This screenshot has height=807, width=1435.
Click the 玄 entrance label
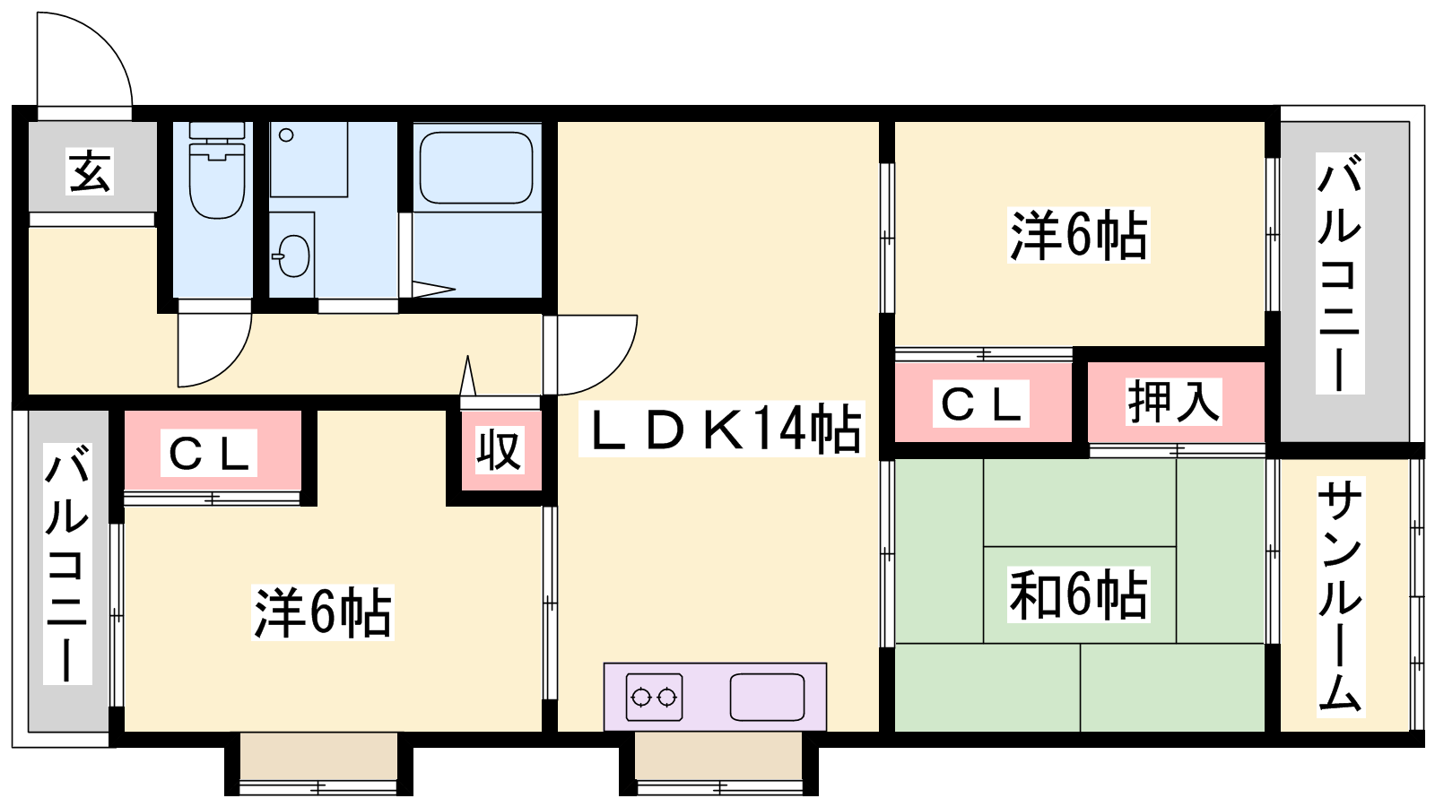point(90,171)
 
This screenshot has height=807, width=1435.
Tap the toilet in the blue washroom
point(217,170)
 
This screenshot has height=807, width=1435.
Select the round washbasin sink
point(293,256)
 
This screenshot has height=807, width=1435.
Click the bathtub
point(476,168)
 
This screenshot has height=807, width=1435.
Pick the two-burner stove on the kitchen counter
point(654,697)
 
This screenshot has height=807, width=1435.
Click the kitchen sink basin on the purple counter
point(767,697)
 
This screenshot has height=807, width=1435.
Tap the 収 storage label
point(500,449)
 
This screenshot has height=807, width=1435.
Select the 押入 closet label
point(1174,402)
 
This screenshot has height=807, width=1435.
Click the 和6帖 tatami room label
point(1079,594)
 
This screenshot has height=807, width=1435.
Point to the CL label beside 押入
point(981,403)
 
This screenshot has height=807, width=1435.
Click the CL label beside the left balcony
point(208,453)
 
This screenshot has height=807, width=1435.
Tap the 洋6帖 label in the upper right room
point(1079,235)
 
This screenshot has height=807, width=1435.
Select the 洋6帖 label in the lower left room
point(322,612)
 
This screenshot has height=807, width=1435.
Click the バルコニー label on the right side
point(1340,273)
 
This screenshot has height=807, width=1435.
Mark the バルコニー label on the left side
point(67,564)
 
